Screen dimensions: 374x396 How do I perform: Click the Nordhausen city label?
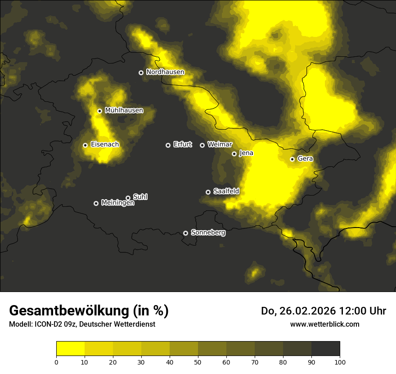[165, 72]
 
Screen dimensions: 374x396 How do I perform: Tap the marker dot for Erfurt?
[168, 145]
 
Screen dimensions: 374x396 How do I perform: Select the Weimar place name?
[220, 145]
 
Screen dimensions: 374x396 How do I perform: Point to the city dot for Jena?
[234, 154]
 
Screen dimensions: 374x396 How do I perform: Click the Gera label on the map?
[305, 159]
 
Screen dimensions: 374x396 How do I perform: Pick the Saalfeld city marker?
[208, 192]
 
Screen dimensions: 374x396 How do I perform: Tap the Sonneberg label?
[208, 233]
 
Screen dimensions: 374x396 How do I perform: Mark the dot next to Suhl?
[128, 198]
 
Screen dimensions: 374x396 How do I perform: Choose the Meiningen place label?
[117, 203]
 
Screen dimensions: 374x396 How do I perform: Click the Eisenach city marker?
[85, 145]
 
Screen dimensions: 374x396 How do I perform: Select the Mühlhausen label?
[124, 110]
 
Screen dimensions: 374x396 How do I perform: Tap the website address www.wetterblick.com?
[324, 324]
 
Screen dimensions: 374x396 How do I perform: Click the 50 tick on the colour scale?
[198, 361]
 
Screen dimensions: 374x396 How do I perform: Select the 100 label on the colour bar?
[340, 361]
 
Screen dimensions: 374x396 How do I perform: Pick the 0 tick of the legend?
[56, 361]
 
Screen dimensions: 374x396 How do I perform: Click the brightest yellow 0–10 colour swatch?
[70, 348]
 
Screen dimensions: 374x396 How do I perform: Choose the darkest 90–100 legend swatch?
[325, 348]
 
